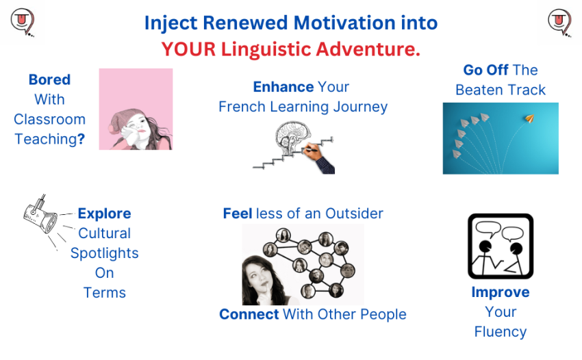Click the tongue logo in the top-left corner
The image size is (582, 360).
click(23, 22)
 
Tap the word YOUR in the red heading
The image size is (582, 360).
click(188, 49)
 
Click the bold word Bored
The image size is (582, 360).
click(49, 79)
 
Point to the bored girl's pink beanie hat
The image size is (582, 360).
click(123, 118)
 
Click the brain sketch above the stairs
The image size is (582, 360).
click(292, 137)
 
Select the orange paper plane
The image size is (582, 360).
click(529, 118)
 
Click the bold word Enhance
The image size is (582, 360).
click(283, 87)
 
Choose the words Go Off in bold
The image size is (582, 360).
click(485, 70)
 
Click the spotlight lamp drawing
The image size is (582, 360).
click(40, 215)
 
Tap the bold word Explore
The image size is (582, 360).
click(104, 214)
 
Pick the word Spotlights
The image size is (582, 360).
click(104, 253)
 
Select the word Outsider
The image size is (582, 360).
click(354, 214)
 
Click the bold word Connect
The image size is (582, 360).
click(249, 314)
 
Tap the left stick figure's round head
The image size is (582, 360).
click(485, 246)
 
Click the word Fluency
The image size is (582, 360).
click(501, 332)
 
